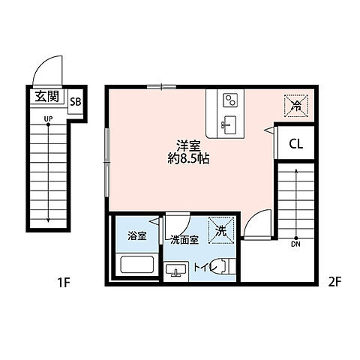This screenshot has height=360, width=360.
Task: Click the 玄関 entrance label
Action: point(47,97)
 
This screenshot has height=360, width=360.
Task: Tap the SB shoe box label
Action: point(75,102)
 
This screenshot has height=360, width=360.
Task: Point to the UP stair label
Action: point(47,119)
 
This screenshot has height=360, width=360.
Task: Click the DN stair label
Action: point(295,243)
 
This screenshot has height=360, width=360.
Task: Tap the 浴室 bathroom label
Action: point(136,235)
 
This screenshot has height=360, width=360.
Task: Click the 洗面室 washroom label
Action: point(184,240)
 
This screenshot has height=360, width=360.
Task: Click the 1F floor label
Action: point(63,283)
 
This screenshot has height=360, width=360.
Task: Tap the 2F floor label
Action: point(334,283)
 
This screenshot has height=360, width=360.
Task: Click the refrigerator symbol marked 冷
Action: point(296,106)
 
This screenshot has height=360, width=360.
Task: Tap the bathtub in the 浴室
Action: point(136,265)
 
